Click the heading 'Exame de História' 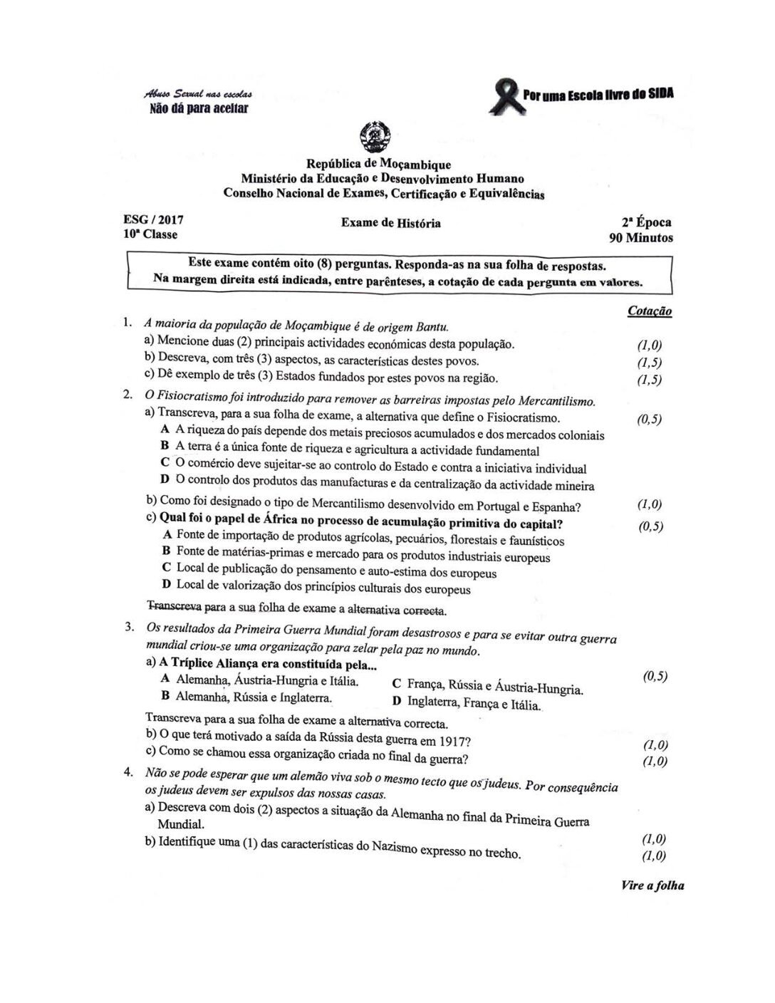tap(390, 223)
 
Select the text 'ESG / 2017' tap(153, 220)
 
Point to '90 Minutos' tap(640, 238)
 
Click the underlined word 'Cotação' tap(649, 311)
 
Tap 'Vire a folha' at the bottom tap(652, 885)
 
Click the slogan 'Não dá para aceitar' tap(199, 109)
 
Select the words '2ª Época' tap(646, 222)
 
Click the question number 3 tap(130, 627)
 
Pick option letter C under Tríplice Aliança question tap(396, 683)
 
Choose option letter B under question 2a tap(165, 446)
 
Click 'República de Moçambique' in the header tap(378, 165)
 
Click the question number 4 tap(130, 772)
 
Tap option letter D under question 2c tap(166, 584)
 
